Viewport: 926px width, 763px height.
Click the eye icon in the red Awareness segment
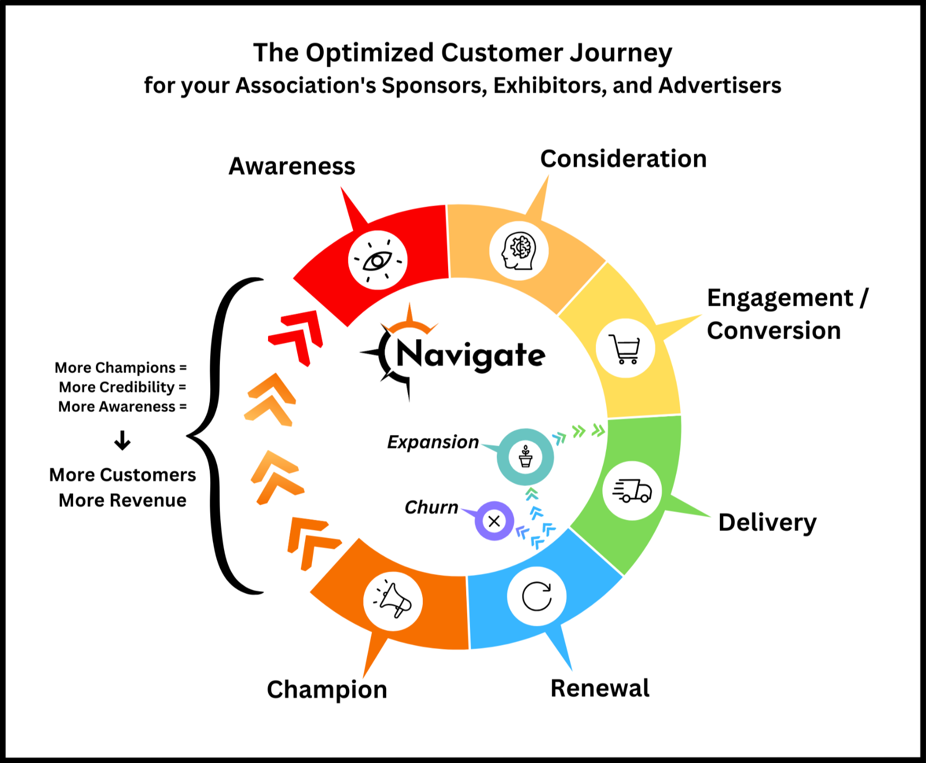click(378, 260)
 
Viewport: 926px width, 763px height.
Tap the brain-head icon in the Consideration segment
click(519, 251)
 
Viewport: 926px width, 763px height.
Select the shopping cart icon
click(625, 349)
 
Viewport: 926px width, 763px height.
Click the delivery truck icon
click(632, 490)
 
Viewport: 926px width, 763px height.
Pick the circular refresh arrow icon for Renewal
click(537, 596)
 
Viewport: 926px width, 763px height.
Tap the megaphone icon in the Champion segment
click(393, 601)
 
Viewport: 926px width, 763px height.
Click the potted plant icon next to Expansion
click(526, 457)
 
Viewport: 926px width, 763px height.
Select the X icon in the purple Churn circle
click(494, 521)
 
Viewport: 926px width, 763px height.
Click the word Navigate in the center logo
click(470, 354)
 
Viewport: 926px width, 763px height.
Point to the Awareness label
click(292, 166)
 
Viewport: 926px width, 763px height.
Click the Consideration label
click(624, 159)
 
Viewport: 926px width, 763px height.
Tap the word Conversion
click(773, 331)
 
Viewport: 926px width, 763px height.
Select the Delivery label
click(767, 522)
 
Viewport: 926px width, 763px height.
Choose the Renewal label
click(600, 688)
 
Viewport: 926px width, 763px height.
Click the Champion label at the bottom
click(327, 690)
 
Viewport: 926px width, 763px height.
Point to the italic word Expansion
click(433, 442)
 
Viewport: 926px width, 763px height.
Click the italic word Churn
click(431, 508)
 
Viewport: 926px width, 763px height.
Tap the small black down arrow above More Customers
click(122, 440)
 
